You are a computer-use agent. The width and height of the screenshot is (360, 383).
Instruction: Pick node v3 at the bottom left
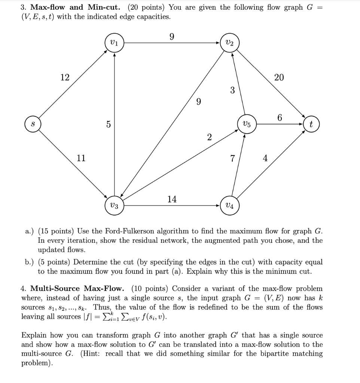tap(115, 206)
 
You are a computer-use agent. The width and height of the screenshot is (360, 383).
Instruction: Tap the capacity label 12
tap(65, 77)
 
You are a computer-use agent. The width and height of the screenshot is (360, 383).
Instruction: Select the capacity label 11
tap(81, 158)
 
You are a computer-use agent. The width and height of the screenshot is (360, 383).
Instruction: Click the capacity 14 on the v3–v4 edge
tap(172, 199)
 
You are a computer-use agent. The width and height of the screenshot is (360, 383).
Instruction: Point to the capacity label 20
tap(279, 77)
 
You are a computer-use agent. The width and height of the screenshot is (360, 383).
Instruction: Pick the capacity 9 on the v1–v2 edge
tap(172, 37)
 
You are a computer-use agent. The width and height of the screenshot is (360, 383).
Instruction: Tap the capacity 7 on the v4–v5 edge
tap(232, 159)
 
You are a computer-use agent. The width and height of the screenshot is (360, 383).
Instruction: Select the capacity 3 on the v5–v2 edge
tap(232, 90)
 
